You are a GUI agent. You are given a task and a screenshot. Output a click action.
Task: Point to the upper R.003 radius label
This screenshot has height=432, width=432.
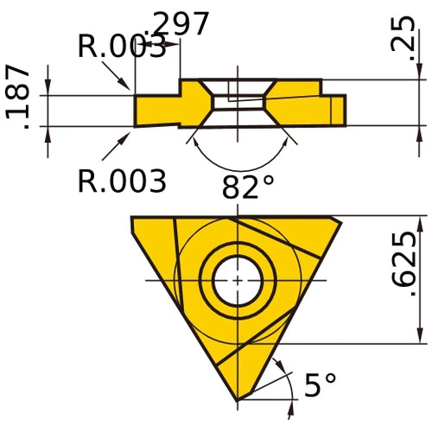pyautogui.click(x=121, y=47)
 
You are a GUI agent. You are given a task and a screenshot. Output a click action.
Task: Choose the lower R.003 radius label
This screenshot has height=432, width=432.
pyautogui.click(x=121, y=181)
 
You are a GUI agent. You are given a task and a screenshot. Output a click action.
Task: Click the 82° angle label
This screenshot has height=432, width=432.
pyautogui.click(x=247, y=187)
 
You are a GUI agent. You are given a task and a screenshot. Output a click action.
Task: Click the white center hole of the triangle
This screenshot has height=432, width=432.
pyautogui.click(x=238, y=280)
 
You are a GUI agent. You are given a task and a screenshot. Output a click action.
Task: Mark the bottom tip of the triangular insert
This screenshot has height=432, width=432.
pyautogui.click(x=238, y=400)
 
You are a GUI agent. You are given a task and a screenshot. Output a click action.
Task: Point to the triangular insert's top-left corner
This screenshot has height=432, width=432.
pyautogui.click(x=131, y=218)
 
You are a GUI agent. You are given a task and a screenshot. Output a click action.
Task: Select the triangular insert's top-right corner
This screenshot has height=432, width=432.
pyautogui.click(x=342, y=218)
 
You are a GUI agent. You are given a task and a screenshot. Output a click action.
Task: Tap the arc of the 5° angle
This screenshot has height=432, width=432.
pyautogui.click(x=283, y=373)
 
